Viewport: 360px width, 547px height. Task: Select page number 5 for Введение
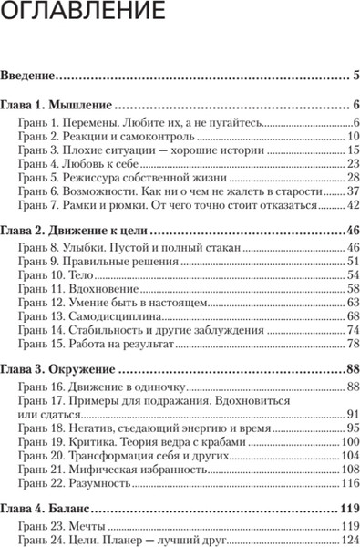(355, 77)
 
